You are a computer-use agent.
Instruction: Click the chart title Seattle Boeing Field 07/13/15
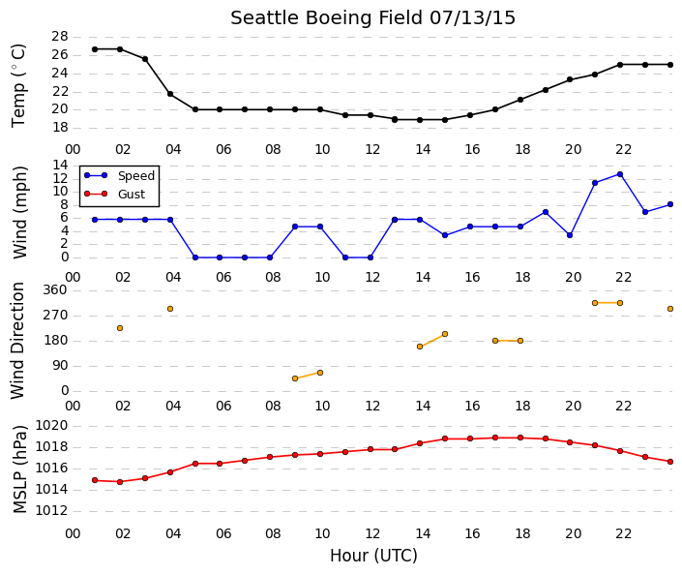pyautogui.click(x=372, y=18)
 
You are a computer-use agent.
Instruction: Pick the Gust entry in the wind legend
pyautogui.click(x=114, y=194)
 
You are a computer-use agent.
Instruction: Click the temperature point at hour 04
pyautogui.click(x=170, y=94)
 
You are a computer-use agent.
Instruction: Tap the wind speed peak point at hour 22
pyautogui.click(x=620, y=174)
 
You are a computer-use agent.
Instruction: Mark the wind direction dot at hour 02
pyautogui.click(x=120, y=328)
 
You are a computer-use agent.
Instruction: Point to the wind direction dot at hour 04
pyautogui.click(x=170, y=309)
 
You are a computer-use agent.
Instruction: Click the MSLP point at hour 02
pyautogui.click(x=120, y=482)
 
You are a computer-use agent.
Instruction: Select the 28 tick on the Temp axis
pyautogui.click(x=60, y=37)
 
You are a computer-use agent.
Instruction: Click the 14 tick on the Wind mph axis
pyautogui.click(x=60, y=166)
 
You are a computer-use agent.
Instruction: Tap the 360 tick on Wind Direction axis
pyautogui.click(x=55, y=290)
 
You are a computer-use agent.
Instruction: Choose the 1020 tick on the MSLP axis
pyautogui.click(x=52, y=425)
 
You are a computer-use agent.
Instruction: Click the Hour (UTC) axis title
pyautogui.click(x=373, y=556)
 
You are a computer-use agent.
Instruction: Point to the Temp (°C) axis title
pyautogui.click(x=18, y=86)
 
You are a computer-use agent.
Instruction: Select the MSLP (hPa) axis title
pyautogui.click(x=19, y=469)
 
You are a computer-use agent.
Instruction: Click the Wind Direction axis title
pyautogui.click(x=17, y=341)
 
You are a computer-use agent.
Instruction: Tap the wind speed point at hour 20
pyautogui.click(x=570, y=235)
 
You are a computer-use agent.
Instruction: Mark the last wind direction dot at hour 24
pyautogui.click(x=670, y=309)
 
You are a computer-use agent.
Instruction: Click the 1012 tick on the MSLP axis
pyautogui.click(x=52, y=510)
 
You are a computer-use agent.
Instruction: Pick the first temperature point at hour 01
pyautogui.click(x=95, y=49)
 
